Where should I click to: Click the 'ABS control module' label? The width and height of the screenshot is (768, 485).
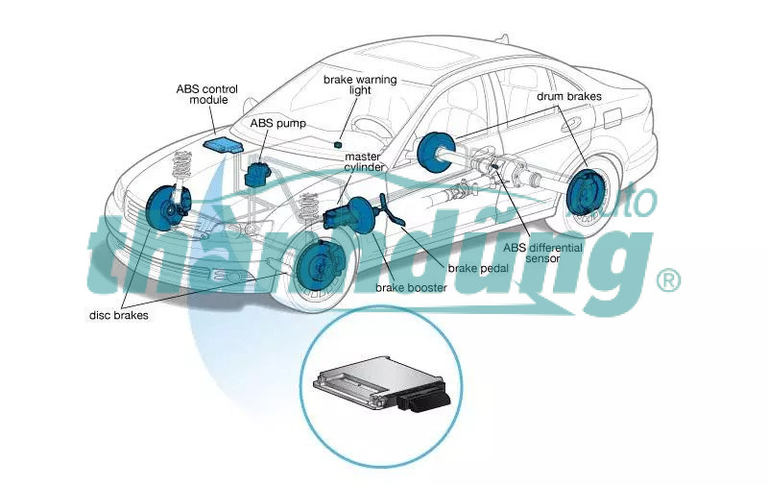point(207,94)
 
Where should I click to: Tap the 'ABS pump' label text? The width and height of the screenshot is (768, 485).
point(276,124)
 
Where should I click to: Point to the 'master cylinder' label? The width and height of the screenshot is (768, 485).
point(365,161)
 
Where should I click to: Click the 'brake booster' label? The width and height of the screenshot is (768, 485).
point(411,287)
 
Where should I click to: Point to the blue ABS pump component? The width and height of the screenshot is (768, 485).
point(257,174)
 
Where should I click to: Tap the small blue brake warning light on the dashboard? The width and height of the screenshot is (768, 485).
point(338,143)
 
